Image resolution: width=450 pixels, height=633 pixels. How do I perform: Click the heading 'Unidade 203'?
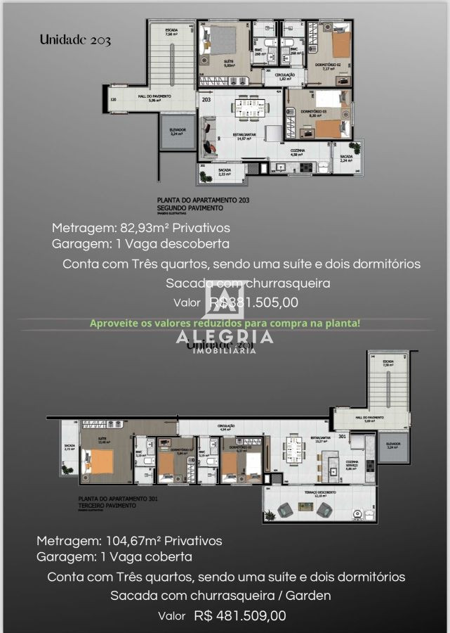click(76, 40)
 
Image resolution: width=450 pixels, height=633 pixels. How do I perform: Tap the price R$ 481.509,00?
click(240, 615)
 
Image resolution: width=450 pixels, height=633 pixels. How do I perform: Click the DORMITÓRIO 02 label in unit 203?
click(328, 65)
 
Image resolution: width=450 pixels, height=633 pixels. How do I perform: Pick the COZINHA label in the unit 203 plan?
click(298, 151)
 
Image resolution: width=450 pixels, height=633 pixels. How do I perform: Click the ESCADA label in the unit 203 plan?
click(171, 30)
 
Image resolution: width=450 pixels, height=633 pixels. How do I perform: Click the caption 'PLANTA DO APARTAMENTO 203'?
click(204, 200)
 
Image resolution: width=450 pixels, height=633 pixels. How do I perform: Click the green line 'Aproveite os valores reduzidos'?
click(225, 324)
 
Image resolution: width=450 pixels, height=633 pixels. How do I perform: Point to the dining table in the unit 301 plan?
click(293, 449)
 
